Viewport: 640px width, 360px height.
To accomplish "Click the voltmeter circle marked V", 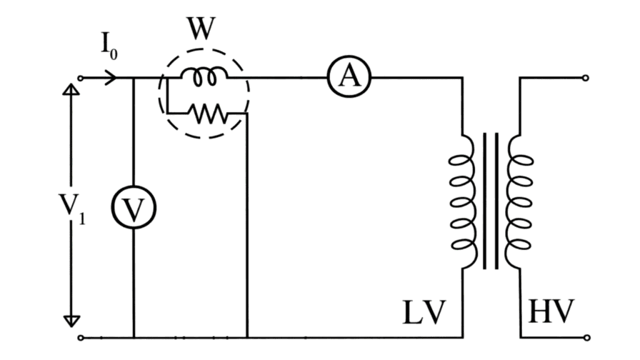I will [134, 209].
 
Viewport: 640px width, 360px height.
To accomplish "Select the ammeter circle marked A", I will [349, 77].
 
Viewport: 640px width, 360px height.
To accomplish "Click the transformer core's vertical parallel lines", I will [491, 200].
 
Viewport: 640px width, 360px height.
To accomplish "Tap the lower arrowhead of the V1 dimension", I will [72, 321].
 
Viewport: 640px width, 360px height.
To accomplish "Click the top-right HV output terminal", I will [585, 79].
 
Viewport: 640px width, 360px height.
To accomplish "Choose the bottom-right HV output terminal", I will [585, 337].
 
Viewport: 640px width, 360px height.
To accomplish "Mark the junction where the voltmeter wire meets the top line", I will [134, 79].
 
